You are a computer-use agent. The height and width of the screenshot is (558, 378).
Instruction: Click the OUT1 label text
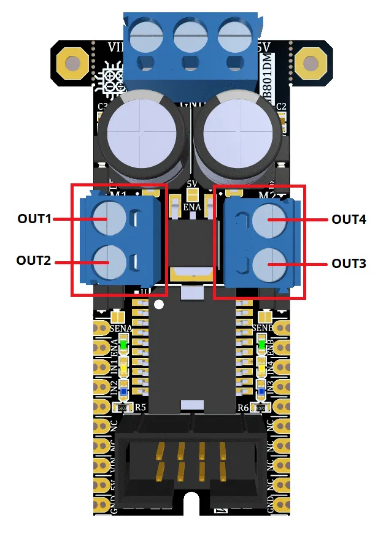(x=35, y=218)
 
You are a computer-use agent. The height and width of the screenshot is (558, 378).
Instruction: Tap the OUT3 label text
(x=349, y=263)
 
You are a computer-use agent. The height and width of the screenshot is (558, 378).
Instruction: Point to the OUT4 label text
(x=349, y=219)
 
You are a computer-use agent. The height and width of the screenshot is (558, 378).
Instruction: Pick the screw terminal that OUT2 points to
(x=108, y=262)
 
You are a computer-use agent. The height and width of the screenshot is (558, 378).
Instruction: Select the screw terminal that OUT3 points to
(x=269, y=263)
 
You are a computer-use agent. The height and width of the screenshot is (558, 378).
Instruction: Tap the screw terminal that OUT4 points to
(x=269, y=219)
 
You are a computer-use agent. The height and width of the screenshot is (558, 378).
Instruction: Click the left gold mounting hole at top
(x=73, y=63)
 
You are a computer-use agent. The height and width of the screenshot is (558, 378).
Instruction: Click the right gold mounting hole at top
(x=309, y=63)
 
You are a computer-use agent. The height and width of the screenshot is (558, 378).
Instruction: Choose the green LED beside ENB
(x=262, y=345)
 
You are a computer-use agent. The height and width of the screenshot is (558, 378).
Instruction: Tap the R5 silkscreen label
(x=141, y=407)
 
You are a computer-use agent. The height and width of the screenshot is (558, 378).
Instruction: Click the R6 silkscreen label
(x=244, y=407)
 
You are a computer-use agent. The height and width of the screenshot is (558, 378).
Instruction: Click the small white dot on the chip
(x=160, y=304)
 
